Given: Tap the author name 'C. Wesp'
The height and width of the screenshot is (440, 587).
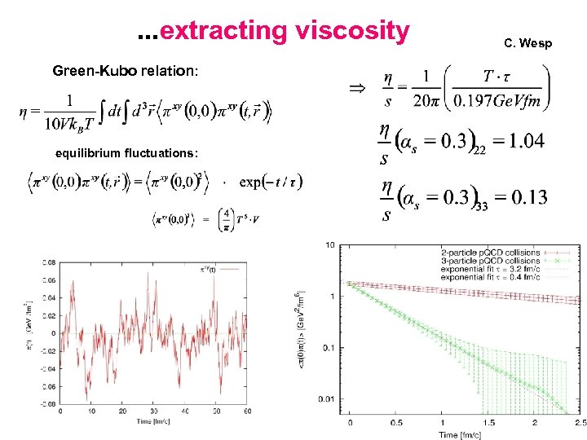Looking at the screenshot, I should [x=527, y=42].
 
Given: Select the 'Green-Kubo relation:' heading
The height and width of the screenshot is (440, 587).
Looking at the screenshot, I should [x=125, y=71].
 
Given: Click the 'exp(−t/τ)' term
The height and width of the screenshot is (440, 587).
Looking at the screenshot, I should [x=271, y=181].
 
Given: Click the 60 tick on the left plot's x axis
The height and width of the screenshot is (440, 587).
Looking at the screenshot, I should [x=245, y=411].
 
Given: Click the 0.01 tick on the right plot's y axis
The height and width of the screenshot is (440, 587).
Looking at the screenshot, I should [x=327, y=398].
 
